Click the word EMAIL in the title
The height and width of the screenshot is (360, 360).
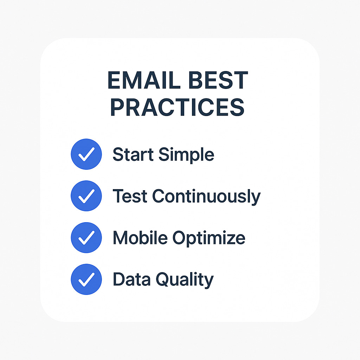pyautogui.click(x=144, y=80)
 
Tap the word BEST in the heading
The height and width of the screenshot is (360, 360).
pyautogui.click(x=218, y=80)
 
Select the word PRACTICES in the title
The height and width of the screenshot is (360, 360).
pyautogui.click(x=178, y=107)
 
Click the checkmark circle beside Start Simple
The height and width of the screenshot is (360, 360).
pyautogui.click(x=86, y=154)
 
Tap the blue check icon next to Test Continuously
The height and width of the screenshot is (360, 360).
pyautogui.click(x=86, y=196)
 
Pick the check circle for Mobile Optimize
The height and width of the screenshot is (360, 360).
pyautogui.click(x=86, y=238)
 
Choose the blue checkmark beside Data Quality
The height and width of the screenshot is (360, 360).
pyautogui.click(x=86, y=279)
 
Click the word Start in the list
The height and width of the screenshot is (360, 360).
pyautogui.click(x=133, y=154)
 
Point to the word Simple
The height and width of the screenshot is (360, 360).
pyautogui.click(x=186, y=155)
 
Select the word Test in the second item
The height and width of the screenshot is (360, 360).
pyautogui.click(x=130, y=196)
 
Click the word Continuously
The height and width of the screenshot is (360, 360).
pyautogui.click(x=207, y=197)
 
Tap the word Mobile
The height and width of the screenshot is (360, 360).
pyautogui.click(x=140, y=237)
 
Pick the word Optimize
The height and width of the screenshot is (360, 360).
pyautogui.click(x=209, y=239)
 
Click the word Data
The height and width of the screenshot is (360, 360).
pyautogui.click(x=131, y=279)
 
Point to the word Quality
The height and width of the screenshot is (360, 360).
pyautogui.click(x=185, y=280)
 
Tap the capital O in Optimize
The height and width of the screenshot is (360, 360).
pyautogui.click(x=179, y=238)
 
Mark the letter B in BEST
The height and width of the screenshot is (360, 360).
pyautogui.click(x=195, y=80)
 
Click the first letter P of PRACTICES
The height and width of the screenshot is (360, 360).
pyautogui.click(x=117, y=107)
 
